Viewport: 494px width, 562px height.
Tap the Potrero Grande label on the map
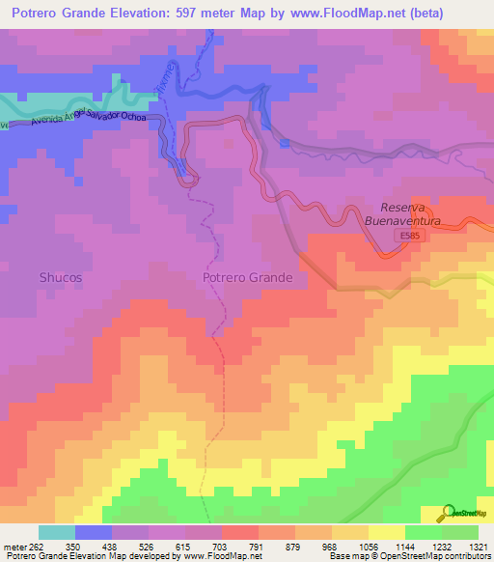(247, 277)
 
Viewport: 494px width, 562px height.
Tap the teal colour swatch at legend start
(57, 532)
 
